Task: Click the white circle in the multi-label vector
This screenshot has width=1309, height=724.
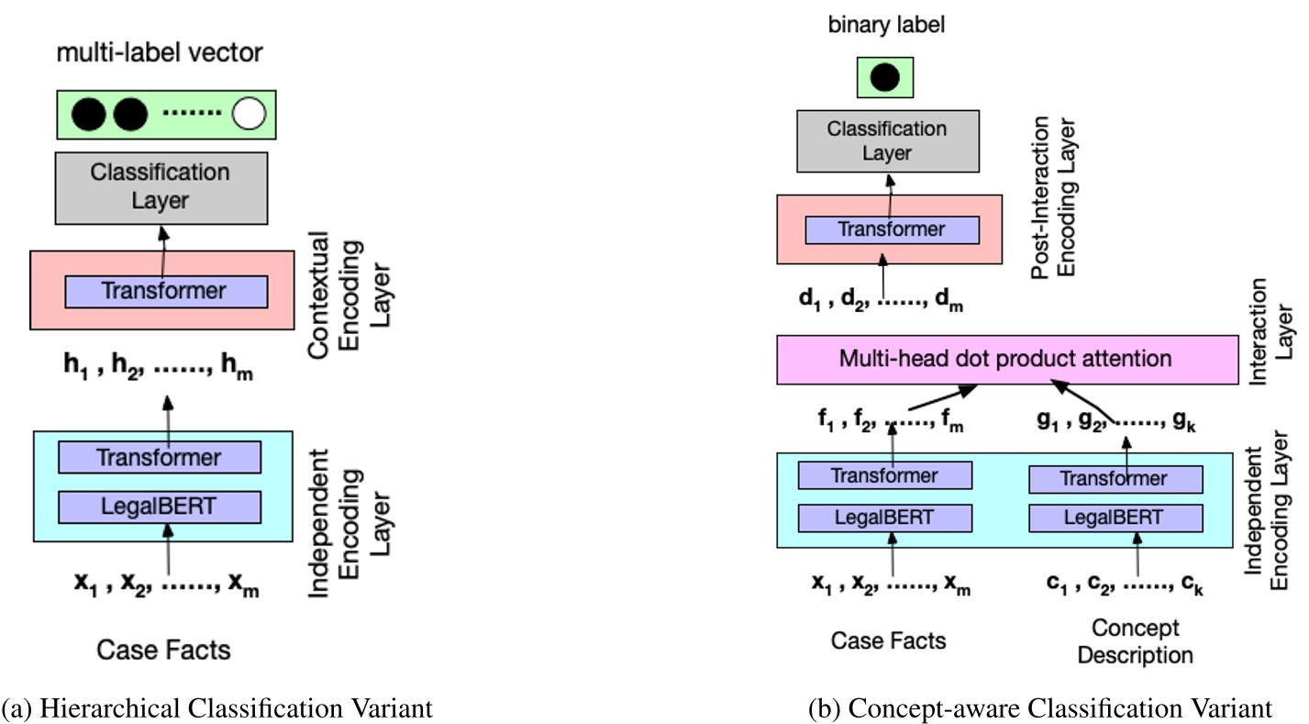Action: coord(249,114)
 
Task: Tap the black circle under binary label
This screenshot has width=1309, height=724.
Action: coord(884,77)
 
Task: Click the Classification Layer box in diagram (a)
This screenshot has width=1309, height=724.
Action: coord(161,187)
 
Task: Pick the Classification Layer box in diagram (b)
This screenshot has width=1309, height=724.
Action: coord(886,140)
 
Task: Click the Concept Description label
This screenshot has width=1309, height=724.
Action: coord(1135,641)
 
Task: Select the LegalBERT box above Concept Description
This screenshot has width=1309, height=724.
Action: coord(1115,518)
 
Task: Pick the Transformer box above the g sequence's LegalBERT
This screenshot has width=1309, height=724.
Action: coord(1115,478)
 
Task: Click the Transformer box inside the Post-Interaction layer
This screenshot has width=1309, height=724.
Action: coord(892,228)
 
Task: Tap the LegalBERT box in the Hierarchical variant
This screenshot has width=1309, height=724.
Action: coord(160,506)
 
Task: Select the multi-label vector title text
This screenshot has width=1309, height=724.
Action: coord(160,53)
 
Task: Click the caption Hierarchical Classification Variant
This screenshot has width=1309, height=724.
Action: coord(216,707)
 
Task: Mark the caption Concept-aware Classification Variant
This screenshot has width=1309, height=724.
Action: coord(1040,707)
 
